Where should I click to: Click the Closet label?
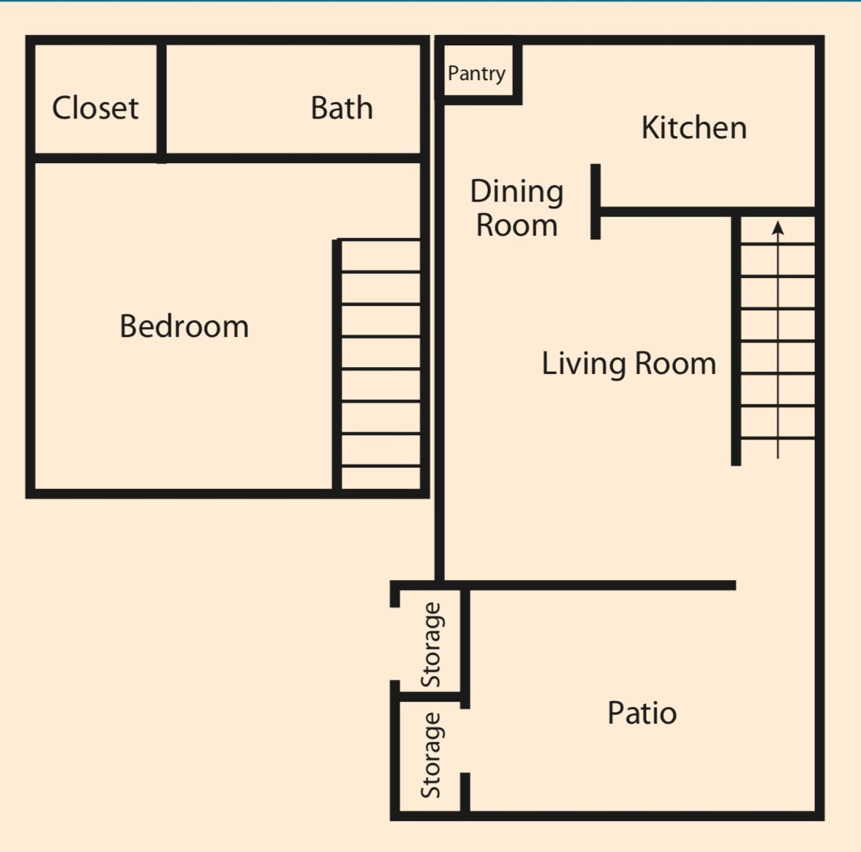tap(95, 108)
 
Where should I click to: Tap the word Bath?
tap(341, 108)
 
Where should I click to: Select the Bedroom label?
tap(184, 326)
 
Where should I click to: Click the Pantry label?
tap(476, 73)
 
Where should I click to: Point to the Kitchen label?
tap(693, 128)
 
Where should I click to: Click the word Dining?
tap(517, 193)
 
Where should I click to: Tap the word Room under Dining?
tap(517, 225)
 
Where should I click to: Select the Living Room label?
tap(628, 363)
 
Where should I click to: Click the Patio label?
tap(641, 712)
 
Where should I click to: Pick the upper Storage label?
tap(430, 644)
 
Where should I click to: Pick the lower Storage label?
tap(430, 755)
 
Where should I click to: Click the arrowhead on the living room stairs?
tap(778, 227)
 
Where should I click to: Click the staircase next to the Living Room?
tap(776, 340)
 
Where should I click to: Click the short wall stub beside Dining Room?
tap(595, 201)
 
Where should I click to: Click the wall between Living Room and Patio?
tap(600, 585)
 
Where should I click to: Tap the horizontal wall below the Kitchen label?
tap(706, 212)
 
